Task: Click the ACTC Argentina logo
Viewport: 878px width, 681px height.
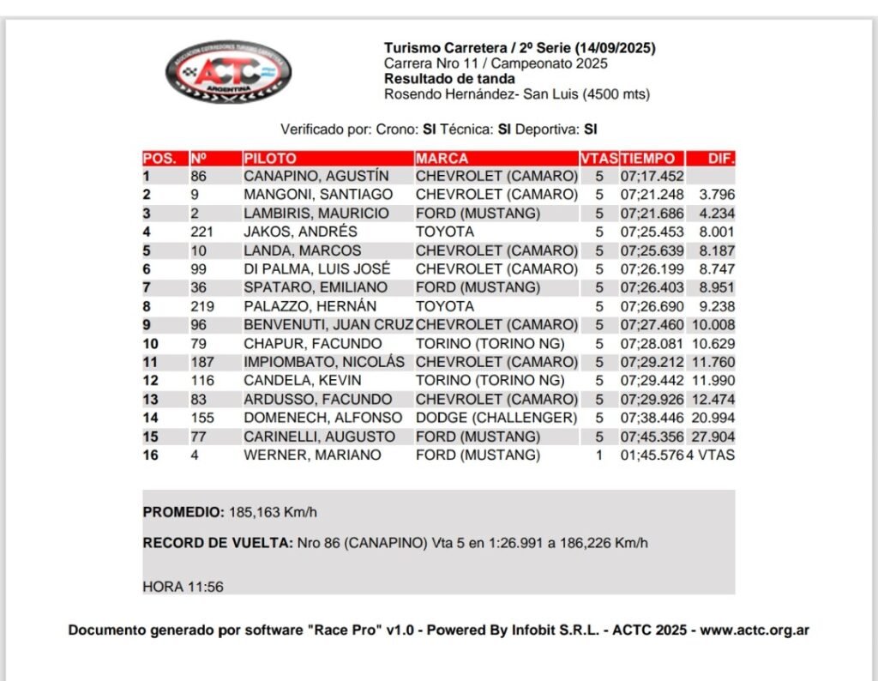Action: pos(227,73)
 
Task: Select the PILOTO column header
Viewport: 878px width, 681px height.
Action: pos(270,159)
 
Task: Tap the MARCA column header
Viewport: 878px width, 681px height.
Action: pos(442,159)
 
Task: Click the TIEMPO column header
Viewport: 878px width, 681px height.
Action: pos(648,159)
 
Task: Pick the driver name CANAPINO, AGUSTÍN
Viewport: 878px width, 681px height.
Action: pos(316,177)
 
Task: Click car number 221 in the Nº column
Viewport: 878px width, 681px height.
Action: pos(201,232)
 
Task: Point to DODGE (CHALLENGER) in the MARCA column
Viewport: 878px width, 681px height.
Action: pos(496,418)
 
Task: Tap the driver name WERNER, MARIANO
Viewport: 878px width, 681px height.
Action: pos(312,455)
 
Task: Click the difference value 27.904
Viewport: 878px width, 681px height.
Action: pos(717,437)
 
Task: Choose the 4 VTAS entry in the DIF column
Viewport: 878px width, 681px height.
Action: pos(711,455)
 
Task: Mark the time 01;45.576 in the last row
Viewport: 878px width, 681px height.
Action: pos(652,455)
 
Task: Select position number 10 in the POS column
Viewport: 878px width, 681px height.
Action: pos(151,344)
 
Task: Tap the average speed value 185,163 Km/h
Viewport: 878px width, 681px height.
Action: pos(273,512)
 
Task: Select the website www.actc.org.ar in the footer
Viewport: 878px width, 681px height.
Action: pos(755,630)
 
